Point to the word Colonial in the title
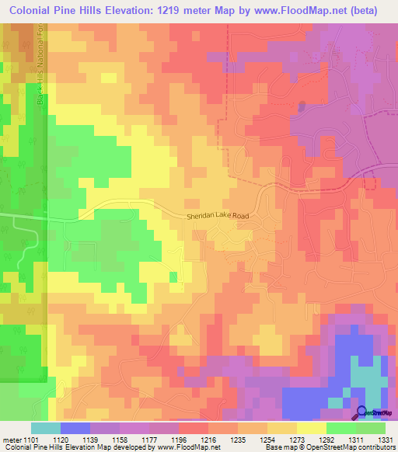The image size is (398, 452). pos(28,10)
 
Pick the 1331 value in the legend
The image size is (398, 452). pos(385,439)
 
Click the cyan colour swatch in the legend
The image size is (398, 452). pos(45,428)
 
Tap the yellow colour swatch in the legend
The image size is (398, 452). pos(310,428)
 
